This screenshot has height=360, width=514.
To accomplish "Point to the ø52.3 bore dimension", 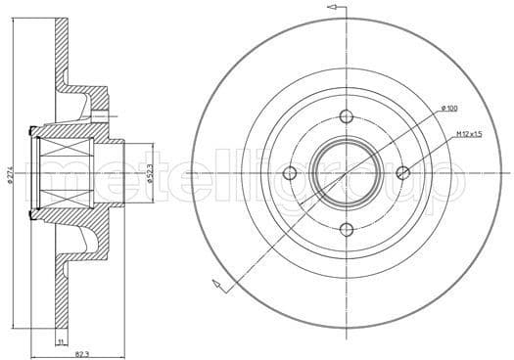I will click(x=148, y=177).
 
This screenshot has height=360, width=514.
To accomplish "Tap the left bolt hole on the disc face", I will click(x=289, y=173).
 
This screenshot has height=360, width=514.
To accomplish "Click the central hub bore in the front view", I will click(x=346, y=173).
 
